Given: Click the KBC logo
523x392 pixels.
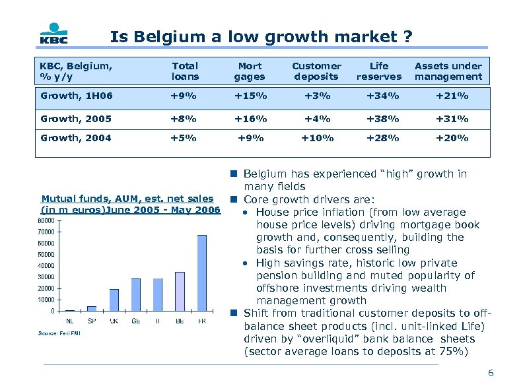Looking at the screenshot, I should tap(52, 34).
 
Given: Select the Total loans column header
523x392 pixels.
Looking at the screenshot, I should tap(185, 71).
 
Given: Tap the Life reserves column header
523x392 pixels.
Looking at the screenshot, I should tap(379, 71).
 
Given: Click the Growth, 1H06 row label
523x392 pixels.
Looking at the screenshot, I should tap(77, 96).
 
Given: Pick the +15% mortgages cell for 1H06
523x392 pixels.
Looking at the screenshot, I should tap(250, 96).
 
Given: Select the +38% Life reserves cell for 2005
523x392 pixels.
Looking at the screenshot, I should tap(380, 119).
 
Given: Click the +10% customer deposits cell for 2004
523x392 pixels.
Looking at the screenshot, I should tap(317, 138).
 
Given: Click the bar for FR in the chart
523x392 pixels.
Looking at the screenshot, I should tap(201, 273).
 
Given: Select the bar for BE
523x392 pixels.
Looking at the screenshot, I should tap(180, 291).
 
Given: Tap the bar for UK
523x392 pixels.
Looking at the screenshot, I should tap(114, 300).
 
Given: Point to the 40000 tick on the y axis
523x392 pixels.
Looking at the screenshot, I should tap(46, 266).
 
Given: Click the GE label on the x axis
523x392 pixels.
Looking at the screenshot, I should tap(136, 321).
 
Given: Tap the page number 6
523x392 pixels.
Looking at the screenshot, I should tap(490, 374).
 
